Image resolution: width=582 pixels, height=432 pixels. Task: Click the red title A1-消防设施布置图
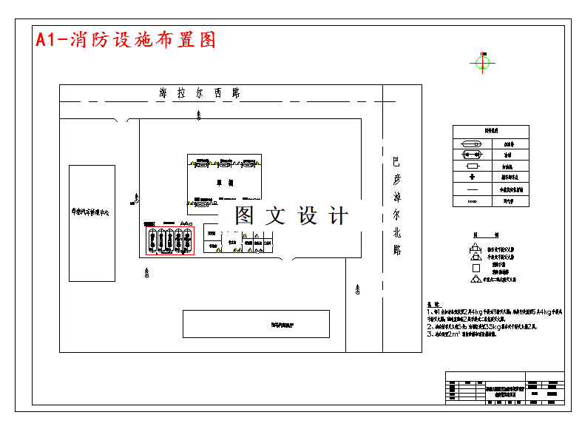point(126,40)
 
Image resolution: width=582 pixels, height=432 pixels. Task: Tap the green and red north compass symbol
point(482,63)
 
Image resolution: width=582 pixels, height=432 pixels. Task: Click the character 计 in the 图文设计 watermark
point(338,216)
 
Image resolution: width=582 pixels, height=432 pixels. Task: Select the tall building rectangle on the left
point(92,223)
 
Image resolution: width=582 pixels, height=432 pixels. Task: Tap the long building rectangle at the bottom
point(256,324)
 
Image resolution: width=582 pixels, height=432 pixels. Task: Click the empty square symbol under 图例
point(476,268)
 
